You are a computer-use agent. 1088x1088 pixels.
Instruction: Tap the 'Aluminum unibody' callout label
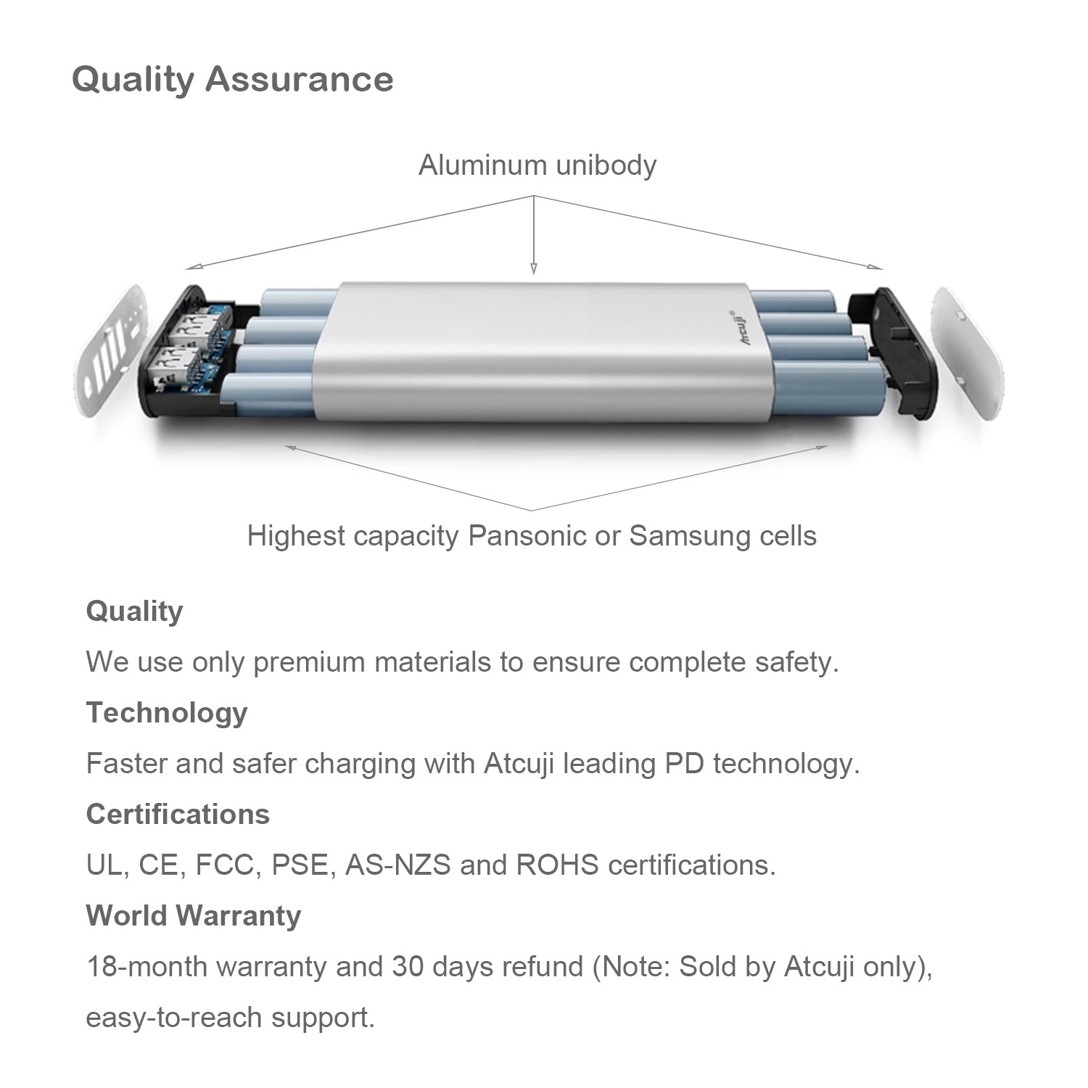[x=537, y=165]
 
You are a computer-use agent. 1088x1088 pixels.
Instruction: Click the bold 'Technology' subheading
[x=167, y=713]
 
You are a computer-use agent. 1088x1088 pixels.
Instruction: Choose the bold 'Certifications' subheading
[x=178, y=815]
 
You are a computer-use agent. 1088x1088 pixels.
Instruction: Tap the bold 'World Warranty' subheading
[x=194, y=916]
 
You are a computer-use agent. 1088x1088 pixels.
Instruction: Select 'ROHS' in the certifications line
[x=558, y=865]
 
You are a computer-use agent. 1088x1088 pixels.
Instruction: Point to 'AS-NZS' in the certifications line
[x=397, y=865]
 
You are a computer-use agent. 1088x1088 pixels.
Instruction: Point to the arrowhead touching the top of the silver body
[x=534, y=269]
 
